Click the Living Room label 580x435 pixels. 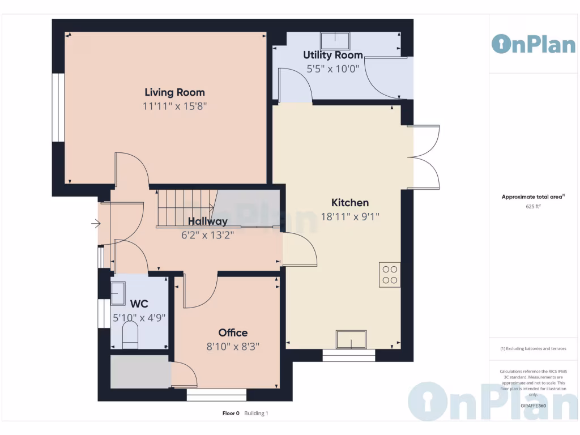174,92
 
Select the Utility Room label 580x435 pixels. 332,55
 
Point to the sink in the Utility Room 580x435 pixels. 335,41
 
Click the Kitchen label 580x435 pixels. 349,203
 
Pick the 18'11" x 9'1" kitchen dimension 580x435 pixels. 349,216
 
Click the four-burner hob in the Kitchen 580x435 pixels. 390,275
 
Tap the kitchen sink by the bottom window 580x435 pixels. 351,339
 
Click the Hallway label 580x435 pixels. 208,221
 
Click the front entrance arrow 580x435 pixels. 96,224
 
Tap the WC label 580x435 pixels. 139,304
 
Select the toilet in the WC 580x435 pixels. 130,334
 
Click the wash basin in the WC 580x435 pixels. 118,293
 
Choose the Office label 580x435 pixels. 233,332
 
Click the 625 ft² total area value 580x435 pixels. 533,207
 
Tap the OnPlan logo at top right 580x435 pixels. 533,44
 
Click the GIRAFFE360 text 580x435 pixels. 533,406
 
